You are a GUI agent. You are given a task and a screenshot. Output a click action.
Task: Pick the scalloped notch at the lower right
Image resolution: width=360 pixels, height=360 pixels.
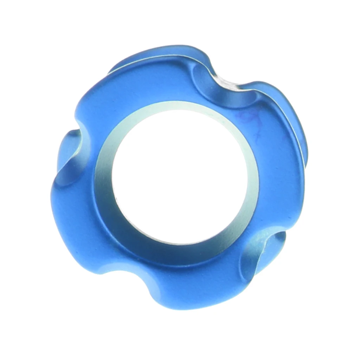[262, 253]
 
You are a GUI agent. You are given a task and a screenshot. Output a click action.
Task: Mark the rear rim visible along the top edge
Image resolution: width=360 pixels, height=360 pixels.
[158, 53]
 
